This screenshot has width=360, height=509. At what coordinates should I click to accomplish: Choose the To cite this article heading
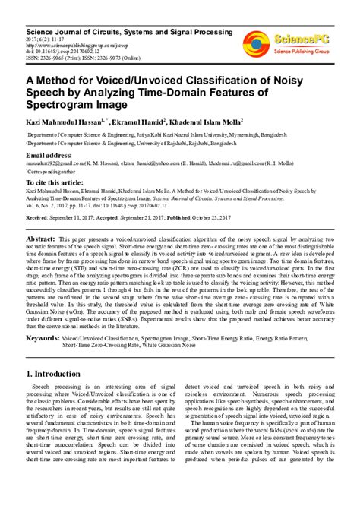click(58, 182)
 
